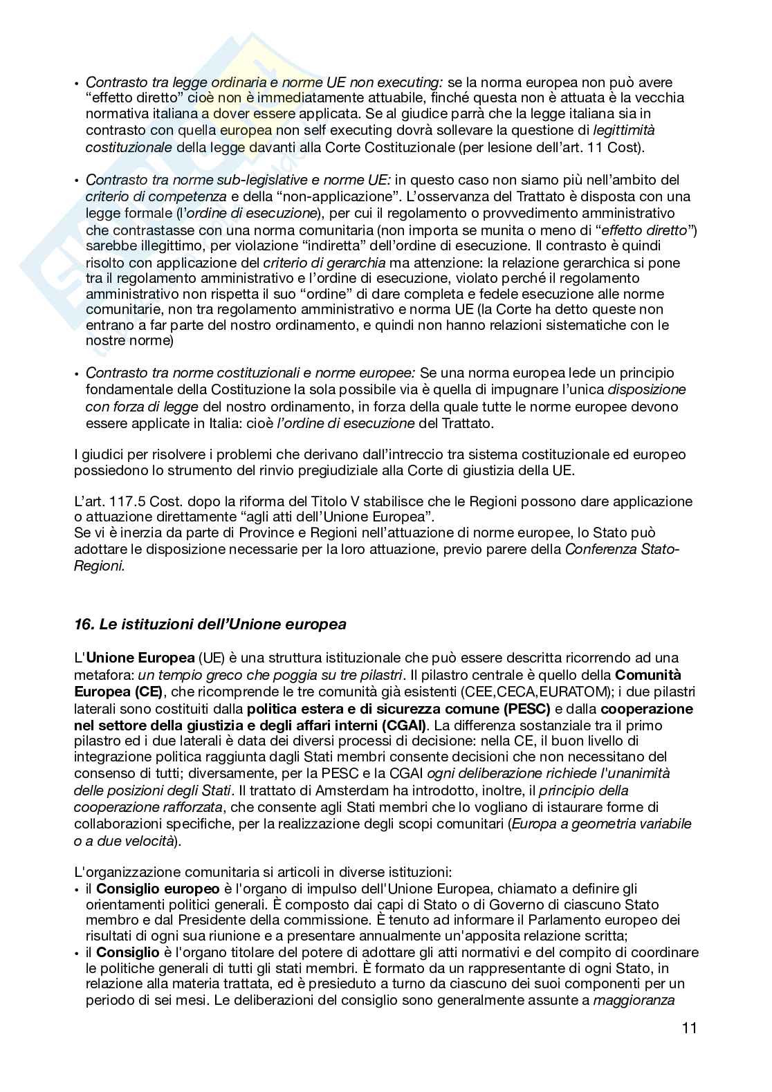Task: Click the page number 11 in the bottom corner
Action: coord(688,1028)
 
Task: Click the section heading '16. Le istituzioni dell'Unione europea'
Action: coord(210,624)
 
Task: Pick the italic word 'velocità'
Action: coord(146,841)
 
